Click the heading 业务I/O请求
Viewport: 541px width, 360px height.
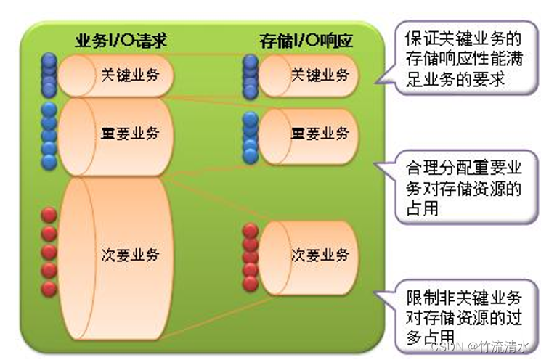pos(120,40)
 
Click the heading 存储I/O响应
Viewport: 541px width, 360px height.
pos(306,40)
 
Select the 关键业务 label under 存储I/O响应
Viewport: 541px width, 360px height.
pos(320,74)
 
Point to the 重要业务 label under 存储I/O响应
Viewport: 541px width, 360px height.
pos(320,134)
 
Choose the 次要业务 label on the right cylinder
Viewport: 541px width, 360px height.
pos(320,255)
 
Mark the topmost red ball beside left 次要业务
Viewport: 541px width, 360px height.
pos(49,216)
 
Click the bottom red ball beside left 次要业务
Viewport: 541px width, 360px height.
pos(49,289)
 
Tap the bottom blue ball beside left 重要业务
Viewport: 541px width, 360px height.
pos(49,161)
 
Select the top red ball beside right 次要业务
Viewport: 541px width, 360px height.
pos(251,232)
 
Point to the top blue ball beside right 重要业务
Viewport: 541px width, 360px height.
pos(251,118)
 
